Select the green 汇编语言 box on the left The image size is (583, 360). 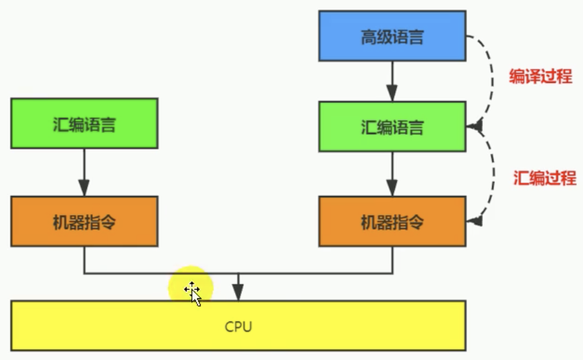(x=84, y=124)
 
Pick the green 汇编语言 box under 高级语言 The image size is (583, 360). (x=392, y=126)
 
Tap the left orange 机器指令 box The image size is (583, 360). (x=84, y=221)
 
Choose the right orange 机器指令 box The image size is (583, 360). (x=392, y=221)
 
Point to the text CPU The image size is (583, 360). (x=238, y=327)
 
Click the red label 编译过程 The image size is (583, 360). (x=541, y=76)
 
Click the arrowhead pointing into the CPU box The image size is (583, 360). (x=238, y=293)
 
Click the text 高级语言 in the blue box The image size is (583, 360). (x=392, y=37)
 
